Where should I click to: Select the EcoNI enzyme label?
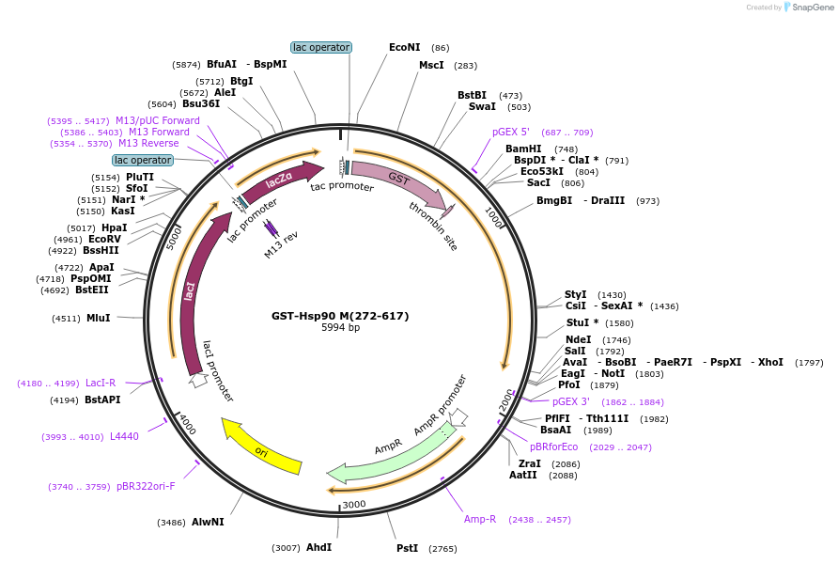click(x=405, y=47)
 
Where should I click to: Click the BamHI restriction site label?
click(x=523, y=149)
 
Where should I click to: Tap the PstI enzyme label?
click(x=407, y=548)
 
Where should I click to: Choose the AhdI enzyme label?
click(x=318, y=547)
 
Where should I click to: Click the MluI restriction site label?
click(x=98, y=318)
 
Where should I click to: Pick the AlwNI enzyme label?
click(x=208, y=522)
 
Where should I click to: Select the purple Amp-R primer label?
click(x=480, y=519)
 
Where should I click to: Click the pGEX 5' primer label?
click(x=511, y=132)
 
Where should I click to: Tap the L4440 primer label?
click(x=124, y=436)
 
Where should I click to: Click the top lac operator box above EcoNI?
click(x=321, y=47)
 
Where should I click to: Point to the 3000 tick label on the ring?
click(x=354, y=505)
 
